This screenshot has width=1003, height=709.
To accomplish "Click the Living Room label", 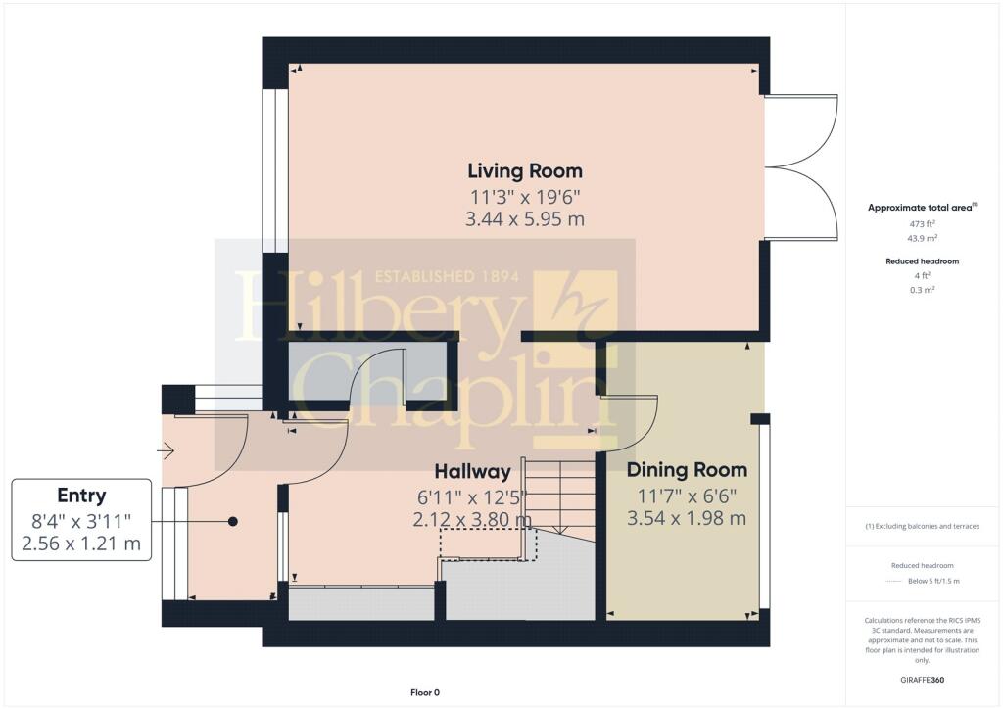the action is (525, 170).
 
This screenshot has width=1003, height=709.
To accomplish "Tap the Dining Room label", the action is (687, 470).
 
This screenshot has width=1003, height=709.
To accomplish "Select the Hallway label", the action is (473, 472).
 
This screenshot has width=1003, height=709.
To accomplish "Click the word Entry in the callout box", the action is (81, 496).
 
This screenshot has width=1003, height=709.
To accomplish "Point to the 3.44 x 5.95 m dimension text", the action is (525, 219).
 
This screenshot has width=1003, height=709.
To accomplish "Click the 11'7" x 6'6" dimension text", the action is (687, 496).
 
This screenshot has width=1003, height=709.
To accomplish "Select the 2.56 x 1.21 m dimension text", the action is (81, 544).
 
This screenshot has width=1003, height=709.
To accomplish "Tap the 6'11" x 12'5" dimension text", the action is (472, 496).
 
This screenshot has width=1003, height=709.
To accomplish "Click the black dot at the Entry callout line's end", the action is (233, 522).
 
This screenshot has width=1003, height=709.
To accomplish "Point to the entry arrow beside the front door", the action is (166, 451).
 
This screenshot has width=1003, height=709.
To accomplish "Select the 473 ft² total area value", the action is (923, 223).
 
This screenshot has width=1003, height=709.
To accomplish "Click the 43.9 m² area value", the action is (923, 238).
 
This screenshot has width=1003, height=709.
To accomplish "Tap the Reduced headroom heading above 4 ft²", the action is (923, 260).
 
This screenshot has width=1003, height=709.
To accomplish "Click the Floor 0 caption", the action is (425, 692).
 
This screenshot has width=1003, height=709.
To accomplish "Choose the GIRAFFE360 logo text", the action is (923, 680).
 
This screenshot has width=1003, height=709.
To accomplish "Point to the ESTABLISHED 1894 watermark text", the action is (447, 277).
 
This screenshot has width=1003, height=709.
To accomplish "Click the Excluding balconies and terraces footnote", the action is (923, 526).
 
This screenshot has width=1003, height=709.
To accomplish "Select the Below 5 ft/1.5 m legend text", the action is (933, 581).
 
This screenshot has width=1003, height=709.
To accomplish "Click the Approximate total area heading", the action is (922, 208).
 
